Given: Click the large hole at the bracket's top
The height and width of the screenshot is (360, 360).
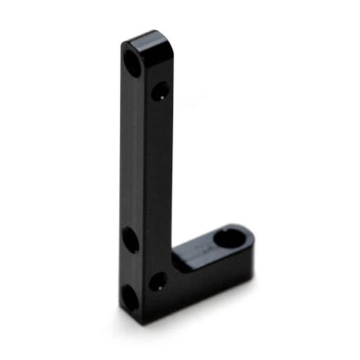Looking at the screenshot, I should tap(135, 62).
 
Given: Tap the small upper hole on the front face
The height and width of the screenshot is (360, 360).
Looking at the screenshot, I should tap(160, 91).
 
